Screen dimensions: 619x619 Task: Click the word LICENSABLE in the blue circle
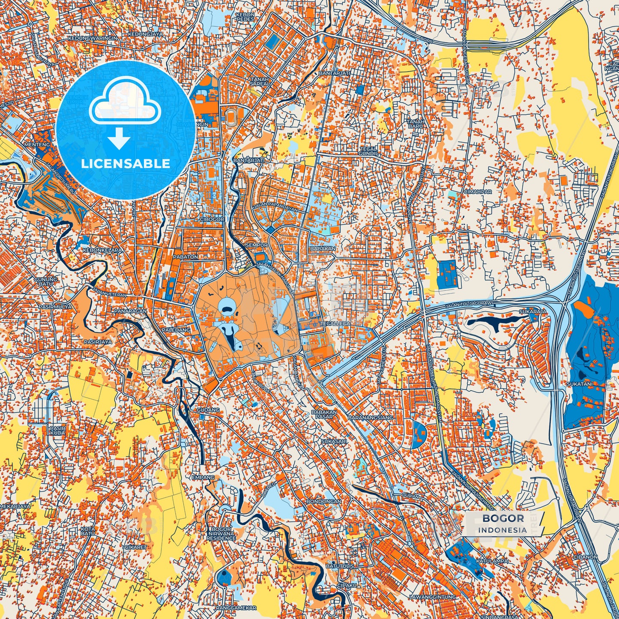(x=126, y=164)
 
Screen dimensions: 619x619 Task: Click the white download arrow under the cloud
(x=120, y=139)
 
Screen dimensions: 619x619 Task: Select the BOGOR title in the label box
(x=503, y=518)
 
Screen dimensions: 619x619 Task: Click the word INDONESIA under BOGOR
(x=503, y=530)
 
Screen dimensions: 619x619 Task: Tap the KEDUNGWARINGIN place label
(x=93, y=38)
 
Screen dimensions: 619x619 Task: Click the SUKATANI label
(x=580, y=384)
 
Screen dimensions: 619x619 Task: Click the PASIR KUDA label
(x=57, y=431)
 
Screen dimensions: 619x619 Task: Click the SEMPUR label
(x=257, y=245)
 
